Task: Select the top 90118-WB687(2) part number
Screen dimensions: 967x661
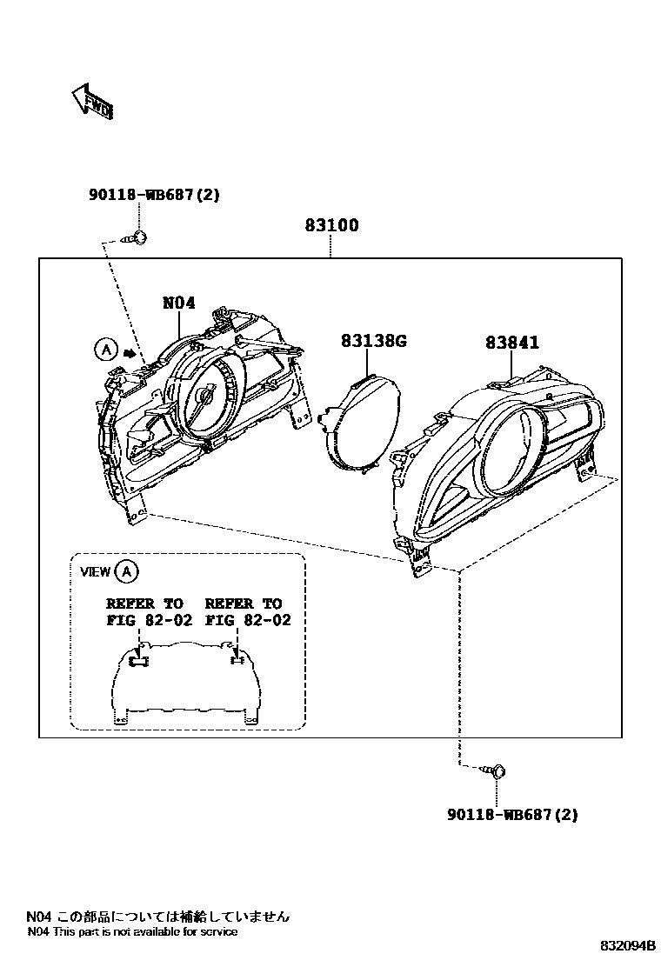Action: point(154,195)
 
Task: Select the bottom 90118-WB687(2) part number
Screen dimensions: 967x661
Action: point(512,815)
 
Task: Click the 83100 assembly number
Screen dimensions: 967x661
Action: point(331,225)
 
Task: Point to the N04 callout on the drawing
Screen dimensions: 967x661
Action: point(179,303)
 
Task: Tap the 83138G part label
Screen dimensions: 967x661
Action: point(374,342)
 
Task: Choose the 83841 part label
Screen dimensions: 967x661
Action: point(512,343)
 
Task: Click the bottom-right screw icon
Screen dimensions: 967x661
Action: point(497,770)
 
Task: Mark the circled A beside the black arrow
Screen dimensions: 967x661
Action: point(104,350)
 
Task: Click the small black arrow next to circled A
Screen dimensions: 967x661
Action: point(130,353)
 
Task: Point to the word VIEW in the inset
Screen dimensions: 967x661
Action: point(95,571)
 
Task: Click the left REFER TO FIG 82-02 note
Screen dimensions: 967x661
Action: point(145,611)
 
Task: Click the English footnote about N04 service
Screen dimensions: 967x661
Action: point(132,931)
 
